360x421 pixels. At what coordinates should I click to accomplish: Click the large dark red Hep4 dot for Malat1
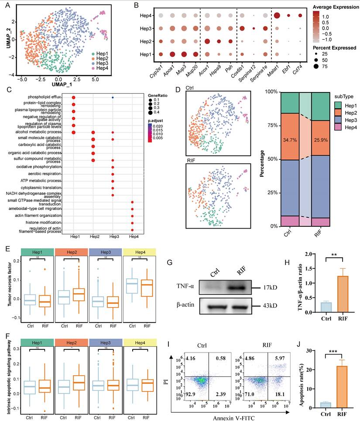pyautogui.click(x=276, y=16)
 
